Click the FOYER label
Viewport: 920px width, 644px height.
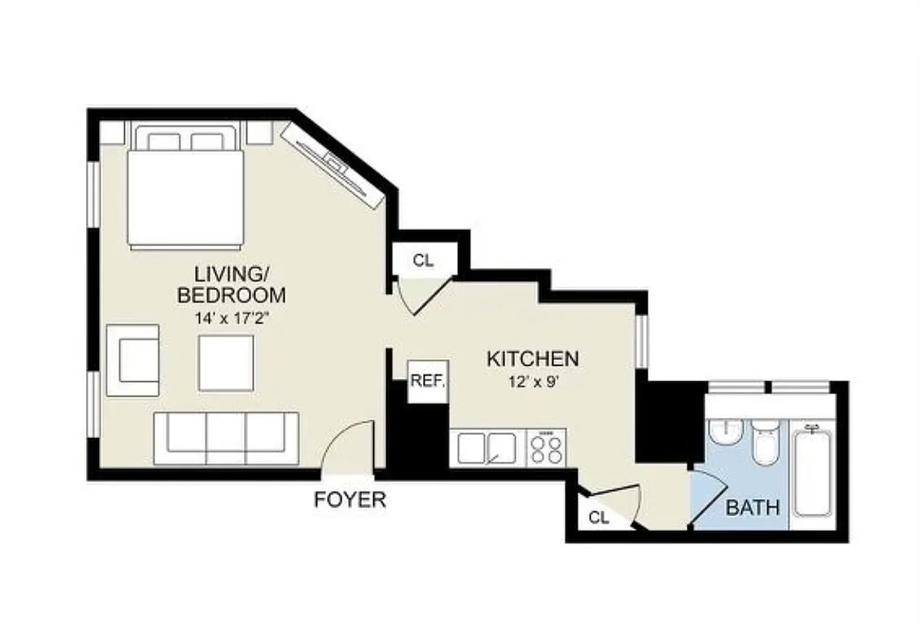click(350, 500)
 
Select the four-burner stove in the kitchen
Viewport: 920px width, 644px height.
click(546, 448)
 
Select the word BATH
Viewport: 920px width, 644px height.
click(752, 508)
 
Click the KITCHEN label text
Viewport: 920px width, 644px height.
click(533, 359)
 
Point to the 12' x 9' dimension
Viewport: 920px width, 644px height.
click(533, 382)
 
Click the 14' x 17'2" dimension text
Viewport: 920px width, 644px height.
click(231, 318)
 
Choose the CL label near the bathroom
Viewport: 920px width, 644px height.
click(598, 518)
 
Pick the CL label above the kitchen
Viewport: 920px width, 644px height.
click(423, 260)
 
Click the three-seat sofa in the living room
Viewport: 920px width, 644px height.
click(226, 438)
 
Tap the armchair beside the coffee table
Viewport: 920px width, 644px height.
click(133, 360)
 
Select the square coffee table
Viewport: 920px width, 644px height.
click(226, 363)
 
